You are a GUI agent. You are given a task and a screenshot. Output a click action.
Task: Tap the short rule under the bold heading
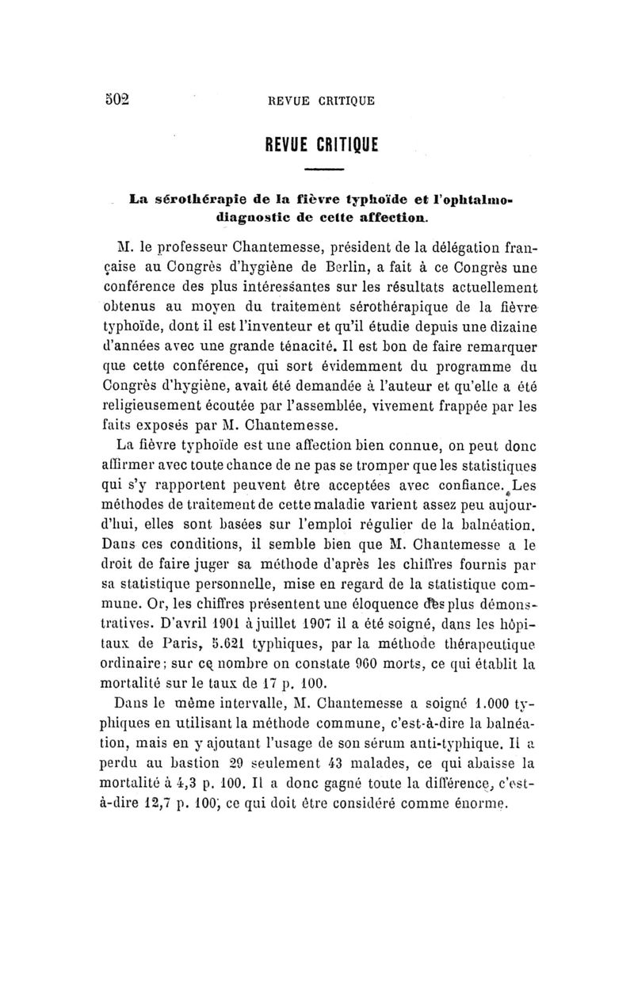[323, 170]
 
